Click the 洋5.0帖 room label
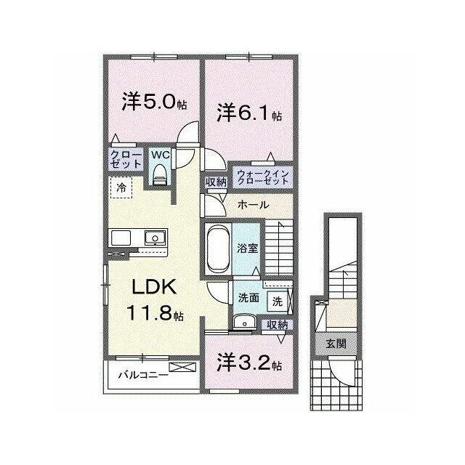click(x=154, y=102)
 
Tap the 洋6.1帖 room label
click(x=249, y=113)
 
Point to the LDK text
click(x=154, y=287)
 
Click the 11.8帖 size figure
click(x=155, y=312)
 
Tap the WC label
click(x=160, y=155)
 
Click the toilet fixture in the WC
click(x=160, y=174)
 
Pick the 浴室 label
click(x=247, y=248)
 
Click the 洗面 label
click(x=249, y=298)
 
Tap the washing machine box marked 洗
click(x=278, y=302)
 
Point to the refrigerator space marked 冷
click(x=121, y=187)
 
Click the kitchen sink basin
click(x=155, y=238)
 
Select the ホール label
click(x=253, y=205)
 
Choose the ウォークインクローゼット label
click(x=263, y=177)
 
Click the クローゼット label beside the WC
click(x=126, y=160)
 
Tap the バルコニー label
click(x=144, y=375)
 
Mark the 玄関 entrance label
click(x=336, y=344)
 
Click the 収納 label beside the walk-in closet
click(x=217, y=182)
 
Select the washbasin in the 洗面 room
click(x=244, y=322)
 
